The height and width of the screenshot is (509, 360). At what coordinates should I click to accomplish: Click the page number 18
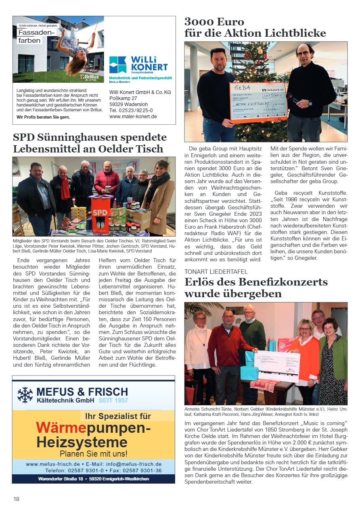tap(16, 499)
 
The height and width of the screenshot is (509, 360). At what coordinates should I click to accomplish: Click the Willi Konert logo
tap(138, 64)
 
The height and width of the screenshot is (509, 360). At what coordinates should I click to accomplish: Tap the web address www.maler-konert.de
tap(133, 117)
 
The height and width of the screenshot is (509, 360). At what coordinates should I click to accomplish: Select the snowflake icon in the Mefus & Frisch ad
tap(25, 395)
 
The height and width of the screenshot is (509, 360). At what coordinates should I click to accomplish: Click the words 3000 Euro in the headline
tap(214, 21)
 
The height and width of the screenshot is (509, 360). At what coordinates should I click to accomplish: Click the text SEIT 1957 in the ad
tap(113, 401)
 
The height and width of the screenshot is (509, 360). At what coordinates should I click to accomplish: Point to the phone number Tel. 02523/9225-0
tap(131, 110)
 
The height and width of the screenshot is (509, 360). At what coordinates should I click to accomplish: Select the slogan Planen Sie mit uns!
tap(94, 453)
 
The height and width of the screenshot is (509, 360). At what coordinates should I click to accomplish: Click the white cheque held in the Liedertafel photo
tap(278, 365)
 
